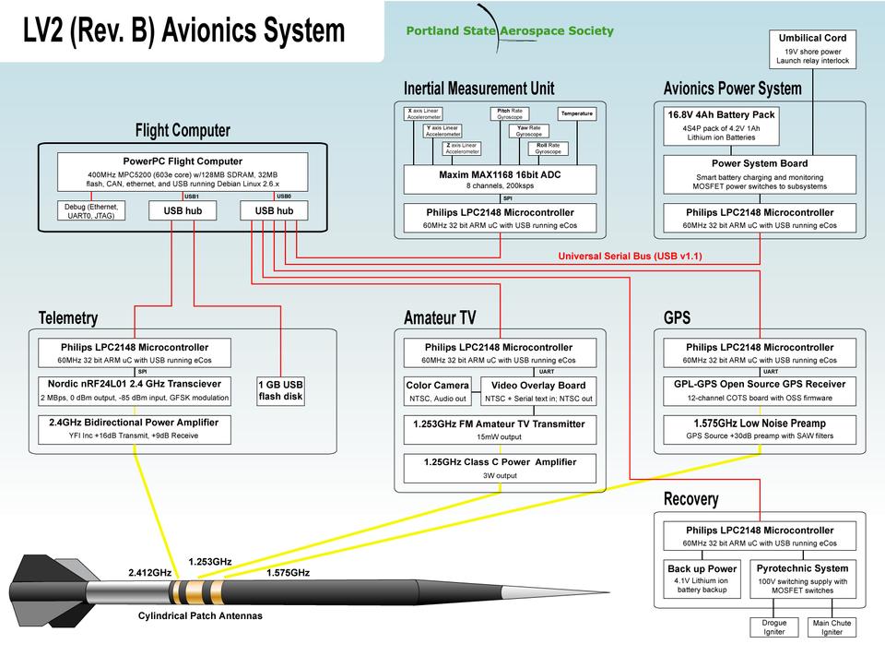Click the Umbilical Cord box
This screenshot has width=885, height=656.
click(x=812, y=49)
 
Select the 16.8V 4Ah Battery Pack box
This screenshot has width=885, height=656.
click(x=722, y=125)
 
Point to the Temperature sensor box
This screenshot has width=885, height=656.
click(x=577, y=113)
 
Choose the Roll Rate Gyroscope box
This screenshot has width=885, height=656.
click(x=548, y=148)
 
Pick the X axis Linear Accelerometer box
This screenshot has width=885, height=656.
click(x=423, y=113)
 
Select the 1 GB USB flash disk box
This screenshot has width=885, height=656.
click(x=280, y=390)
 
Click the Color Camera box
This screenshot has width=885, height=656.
click(x=438, y=391)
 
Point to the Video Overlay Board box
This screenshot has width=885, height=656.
click(x=539, y=391)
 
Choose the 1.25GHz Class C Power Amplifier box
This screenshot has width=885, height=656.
click(x=500, y=468)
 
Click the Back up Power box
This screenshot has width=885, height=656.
click(x=702, y=578)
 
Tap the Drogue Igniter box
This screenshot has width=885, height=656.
click(x=774, y=628)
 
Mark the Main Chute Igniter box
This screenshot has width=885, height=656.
click(x=832, y=628)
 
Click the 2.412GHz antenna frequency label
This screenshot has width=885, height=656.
click(x=149, y=573)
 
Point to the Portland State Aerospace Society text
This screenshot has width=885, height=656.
click(x=510, y=30)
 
